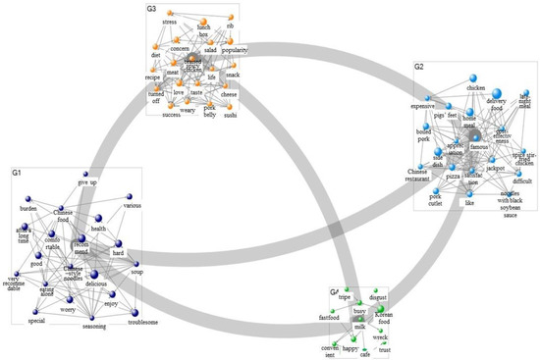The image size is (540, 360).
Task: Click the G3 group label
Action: pos(151,9)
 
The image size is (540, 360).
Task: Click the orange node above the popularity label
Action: pos(234,37)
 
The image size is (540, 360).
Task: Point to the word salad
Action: pos(209,49)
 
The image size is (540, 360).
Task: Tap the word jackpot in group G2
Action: pos(494,169)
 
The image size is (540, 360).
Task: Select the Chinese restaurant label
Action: pos(420,178)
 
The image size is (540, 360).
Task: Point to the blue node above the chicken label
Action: pos(476,77)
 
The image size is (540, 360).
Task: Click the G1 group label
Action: pos(17,173)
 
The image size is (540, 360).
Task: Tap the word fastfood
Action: pos(329,318)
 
